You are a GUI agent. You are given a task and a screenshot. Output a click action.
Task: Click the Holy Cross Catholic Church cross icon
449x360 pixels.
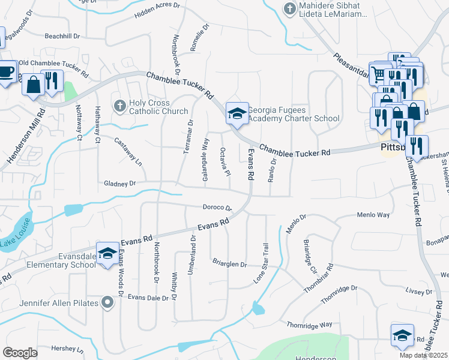(x=119, y=106)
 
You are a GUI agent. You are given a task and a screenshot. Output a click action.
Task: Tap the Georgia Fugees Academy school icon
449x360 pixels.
(x=237, y=112)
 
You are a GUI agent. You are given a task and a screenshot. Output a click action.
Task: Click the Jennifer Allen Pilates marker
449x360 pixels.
(x=107, y=302)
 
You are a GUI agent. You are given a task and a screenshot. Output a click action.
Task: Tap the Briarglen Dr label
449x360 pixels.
(x=229, y=263)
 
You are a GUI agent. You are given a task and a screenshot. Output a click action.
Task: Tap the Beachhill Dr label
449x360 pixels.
(x=62, y=36)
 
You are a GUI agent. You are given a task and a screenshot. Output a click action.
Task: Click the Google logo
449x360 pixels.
(x=20, y=353)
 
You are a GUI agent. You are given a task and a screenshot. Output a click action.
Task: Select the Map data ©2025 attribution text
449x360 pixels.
(x=424, y=355)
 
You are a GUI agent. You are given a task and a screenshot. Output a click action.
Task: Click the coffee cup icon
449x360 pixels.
(x=5, y=72)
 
